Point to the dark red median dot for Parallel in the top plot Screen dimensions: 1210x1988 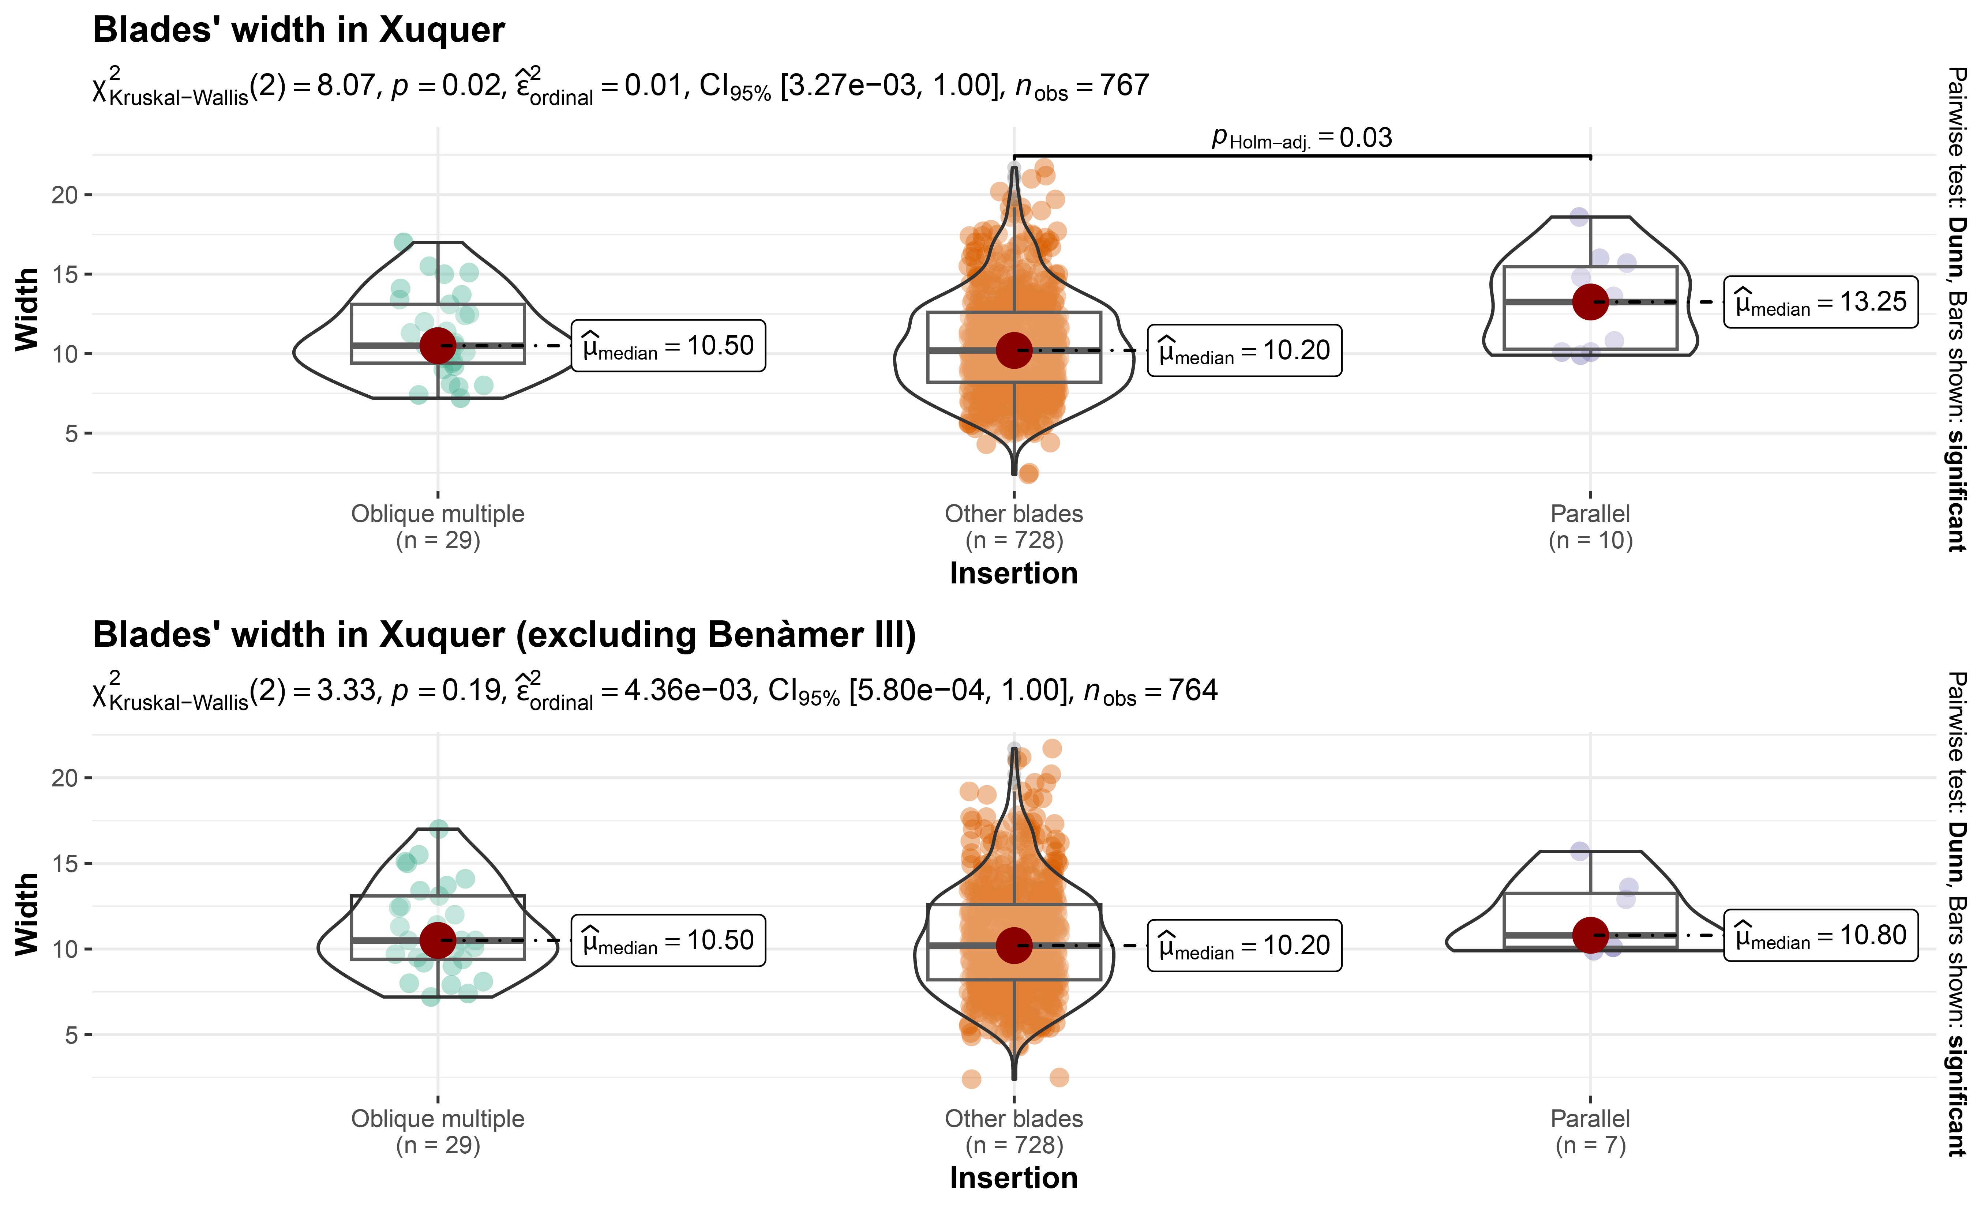(1590, 302)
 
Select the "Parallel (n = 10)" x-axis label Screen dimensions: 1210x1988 (1590, 527)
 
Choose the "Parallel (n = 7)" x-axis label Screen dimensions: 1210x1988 (1590, 1132)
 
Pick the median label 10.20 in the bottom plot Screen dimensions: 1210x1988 (1244, 946)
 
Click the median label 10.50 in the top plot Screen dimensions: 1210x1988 (668, 346)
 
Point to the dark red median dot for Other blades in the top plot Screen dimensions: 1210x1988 (1014, 350)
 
